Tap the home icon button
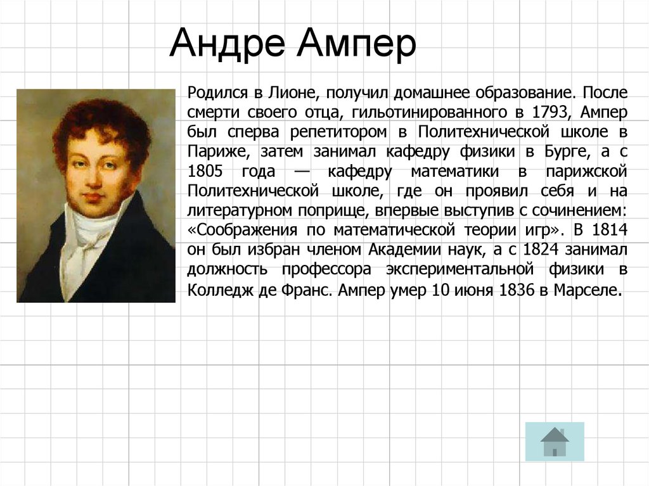tap(555, 441)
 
